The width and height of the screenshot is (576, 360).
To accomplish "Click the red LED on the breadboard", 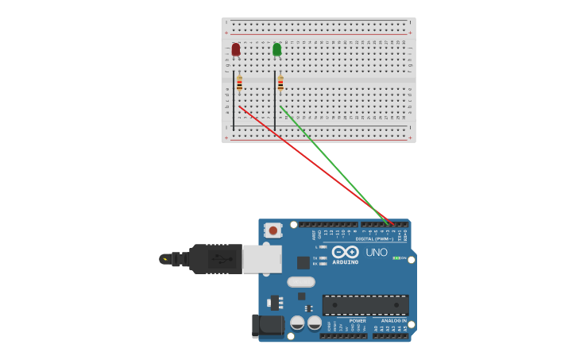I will (236, 49).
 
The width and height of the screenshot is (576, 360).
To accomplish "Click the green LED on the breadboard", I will (276, 49).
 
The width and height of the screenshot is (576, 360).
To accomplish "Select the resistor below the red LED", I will (239, 83).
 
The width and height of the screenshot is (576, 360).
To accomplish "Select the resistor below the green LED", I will (280, 83).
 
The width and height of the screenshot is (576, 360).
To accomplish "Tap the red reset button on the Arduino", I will (273, 230).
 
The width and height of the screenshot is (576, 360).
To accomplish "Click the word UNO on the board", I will (377, 253).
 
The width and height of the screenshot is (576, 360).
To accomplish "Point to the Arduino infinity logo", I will (350, 252).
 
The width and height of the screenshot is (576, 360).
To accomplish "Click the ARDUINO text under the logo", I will (346, 261).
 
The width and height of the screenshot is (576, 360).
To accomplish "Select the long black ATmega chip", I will (365, 304).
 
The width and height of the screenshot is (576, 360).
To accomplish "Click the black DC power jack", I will (267, 325).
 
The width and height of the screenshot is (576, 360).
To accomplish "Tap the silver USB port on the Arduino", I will (261, 258).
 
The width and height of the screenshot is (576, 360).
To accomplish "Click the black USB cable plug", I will (215, 258).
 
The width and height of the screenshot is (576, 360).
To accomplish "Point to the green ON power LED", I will (396, 258).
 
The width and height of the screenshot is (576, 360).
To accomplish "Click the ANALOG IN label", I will (389, 321).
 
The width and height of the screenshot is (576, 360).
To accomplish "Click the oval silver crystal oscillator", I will (301, 281).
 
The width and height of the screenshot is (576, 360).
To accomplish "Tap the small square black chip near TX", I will (303, 262).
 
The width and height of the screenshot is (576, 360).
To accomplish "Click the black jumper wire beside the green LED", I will (275, 99).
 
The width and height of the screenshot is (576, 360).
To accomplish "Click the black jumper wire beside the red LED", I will (234, 99).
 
